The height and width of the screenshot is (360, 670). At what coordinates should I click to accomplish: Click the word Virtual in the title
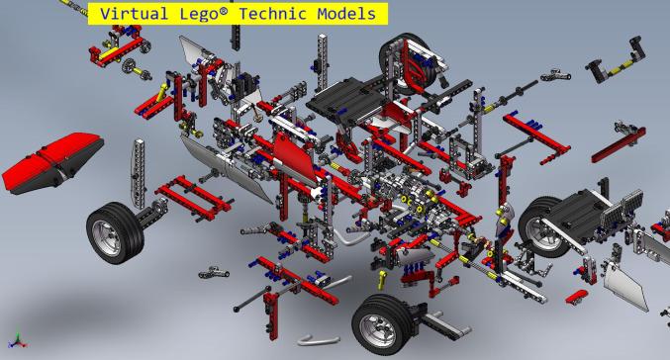tap(137, 14)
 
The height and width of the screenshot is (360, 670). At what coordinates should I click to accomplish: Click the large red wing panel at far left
tap(49, 162)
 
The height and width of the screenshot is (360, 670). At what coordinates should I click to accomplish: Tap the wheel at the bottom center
tap(381, 320)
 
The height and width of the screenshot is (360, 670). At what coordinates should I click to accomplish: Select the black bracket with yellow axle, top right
tap(609, 66)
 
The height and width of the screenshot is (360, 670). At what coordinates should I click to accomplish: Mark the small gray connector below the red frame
tap(213, 273)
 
